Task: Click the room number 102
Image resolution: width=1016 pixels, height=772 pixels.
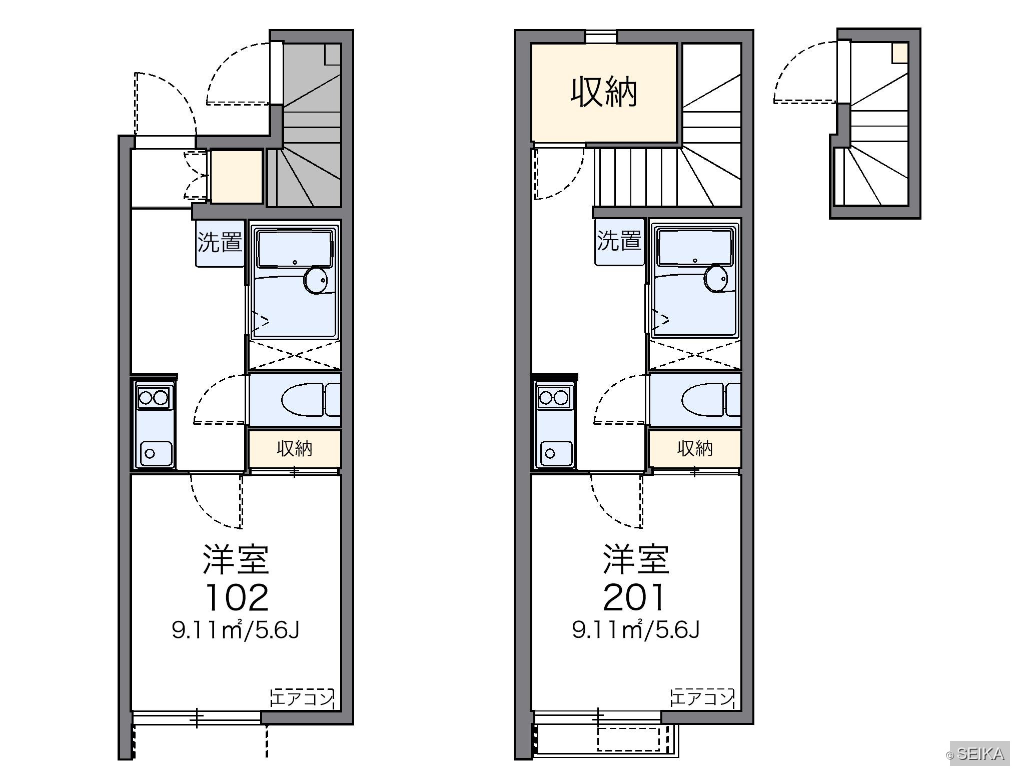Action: tap(237, 597)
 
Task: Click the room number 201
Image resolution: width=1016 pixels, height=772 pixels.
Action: tap(634, 597)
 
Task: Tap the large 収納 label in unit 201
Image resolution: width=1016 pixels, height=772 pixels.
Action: tap(604, 92)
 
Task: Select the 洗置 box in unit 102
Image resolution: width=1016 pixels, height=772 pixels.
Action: tap(220, 243)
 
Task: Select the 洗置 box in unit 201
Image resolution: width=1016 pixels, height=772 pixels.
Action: tap(619, 241)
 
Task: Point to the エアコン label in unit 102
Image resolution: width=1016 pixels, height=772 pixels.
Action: tap(303, 698)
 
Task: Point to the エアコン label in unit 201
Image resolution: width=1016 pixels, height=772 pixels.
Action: tap(702, 698)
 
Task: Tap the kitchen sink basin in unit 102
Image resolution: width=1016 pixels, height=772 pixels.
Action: tap(156, 453)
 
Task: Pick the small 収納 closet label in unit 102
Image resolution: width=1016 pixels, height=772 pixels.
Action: tap(295, 448)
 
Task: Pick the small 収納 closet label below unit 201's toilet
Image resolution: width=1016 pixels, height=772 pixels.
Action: tap(695, 448)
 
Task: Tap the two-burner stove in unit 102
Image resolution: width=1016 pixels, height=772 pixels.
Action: tap(154, 398)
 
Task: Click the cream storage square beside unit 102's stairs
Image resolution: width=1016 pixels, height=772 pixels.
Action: tap(237, 177)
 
